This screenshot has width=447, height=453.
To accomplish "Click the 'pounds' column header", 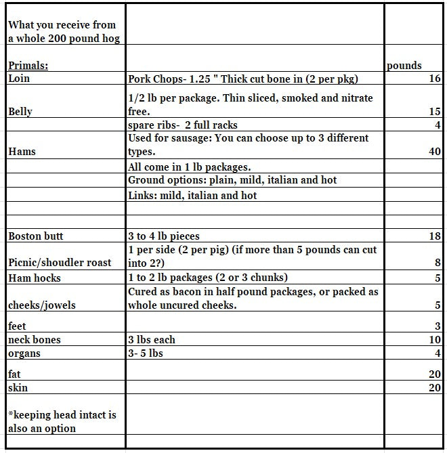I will click(x=404, y=66).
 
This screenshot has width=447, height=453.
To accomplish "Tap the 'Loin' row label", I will click(x=19, y=79).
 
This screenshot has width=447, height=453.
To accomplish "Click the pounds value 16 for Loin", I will click(x=435, y=79).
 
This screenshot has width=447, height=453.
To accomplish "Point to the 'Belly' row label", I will click(x=20, y=111).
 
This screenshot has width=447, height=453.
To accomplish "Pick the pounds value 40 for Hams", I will click(x=435, y=152).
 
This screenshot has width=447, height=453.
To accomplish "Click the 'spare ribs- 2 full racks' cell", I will click(x=182, y=125).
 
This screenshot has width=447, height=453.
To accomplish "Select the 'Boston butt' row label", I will click(x=36, y=236).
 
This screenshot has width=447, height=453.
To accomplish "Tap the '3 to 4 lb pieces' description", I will click(x=164, y=236).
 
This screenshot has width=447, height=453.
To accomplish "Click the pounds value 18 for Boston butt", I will click(x=435, y=236).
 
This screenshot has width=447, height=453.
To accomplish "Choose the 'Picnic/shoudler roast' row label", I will click(x=60, y=263).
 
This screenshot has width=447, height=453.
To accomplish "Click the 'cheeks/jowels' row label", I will click(x=42, y=305).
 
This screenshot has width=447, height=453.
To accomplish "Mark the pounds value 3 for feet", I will click(x=438, y=326).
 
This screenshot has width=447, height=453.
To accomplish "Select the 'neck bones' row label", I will click(x=34, y=339).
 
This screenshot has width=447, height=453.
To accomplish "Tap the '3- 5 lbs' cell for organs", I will click(x=145, y=353).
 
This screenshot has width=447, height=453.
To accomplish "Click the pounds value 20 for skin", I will click(x=435, y=388).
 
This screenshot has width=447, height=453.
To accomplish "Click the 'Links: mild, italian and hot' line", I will click(x=192, y=196).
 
